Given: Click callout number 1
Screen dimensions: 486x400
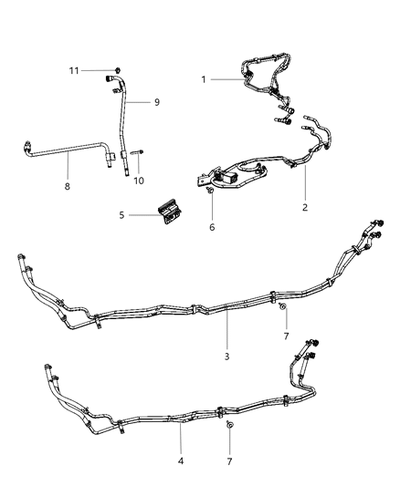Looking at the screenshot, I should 203,79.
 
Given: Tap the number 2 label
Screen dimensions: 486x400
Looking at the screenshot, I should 306,207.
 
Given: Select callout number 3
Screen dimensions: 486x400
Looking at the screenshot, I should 226,356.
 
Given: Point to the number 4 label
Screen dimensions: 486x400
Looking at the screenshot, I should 181,462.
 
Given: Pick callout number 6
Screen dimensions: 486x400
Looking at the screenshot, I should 211,227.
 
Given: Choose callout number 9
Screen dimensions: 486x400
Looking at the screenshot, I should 156,102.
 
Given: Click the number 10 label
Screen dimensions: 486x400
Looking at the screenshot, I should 139,181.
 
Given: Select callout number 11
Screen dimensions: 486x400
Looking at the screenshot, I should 78,69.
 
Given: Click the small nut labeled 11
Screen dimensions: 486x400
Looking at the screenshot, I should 119,69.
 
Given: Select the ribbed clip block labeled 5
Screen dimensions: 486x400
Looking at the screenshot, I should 169,211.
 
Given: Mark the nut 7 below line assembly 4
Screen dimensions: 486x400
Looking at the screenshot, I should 229,426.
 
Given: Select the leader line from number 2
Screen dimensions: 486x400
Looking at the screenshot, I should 306,183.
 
